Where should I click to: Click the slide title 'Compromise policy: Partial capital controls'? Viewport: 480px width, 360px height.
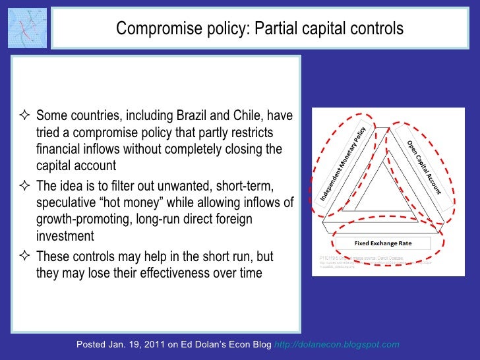[259, 29]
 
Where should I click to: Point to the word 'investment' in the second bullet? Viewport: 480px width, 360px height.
[65, 236]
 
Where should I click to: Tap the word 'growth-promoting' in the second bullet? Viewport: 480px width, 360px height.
[80, 219]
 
